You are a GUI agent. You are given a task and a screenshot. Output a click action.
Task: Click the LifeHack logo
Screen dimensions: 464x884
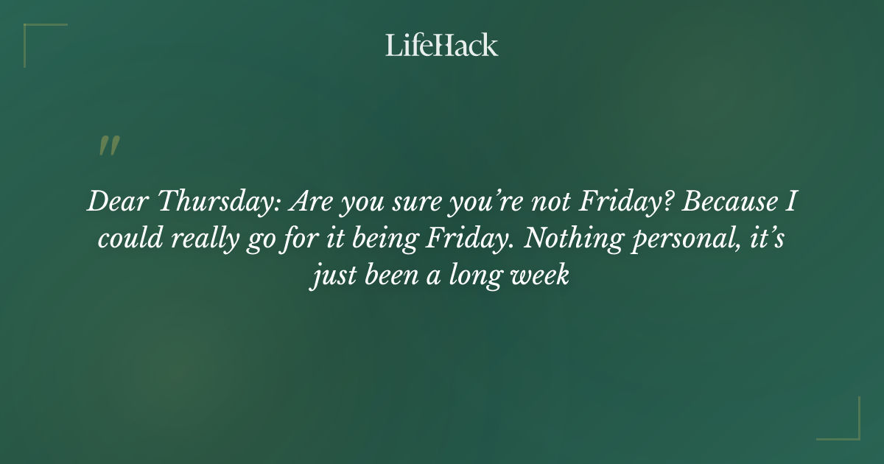click(442, 45)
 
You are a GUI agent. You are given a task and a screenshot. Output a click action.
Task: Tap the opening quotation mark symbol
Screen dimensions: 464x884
click(108, 146)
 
